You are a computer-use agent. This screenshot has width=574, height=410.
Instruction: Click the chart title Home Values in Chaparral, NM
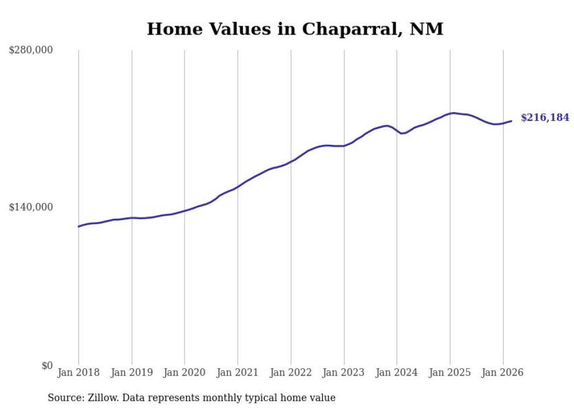(x=295, y=29)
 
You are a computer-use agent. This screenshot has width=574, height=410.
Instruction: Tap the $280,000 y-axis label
(x=30, y=50)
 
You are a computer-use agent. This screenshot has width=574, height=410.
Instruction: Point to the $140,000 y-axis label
(x=30, y=207)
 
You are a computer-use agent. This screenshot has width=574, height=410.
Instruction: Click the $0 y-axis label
(x=47, y=365)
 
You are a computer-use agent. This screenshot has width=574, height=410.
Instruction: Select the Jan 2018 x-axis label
(x=78, y=372)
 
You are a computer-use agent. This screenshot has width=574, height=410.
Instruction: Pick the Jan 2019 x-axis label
(x=131, y=372)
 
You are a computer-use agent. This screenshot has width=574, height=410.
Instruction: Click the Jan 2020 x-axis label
(x=184, y=372)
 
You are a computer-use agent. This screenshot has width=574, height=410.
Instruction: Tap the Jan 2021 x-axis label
(x=238, y=372)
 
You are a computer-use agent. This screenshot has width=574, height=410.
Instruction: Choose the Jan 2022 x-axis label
(x=291, y=372)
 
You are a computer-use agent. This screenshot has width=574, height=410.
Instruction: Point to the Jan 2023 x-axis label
(x=344, y=372)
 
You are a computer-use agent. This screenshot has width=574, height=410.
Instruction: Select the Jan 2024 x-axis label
(x=397, y=372)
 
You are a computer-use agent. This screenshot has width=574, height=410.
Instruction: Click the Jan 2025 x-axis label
(x=450, y=372)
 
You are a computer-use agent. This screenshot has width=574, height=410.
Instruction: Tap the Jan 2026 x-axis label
(x=503, y=372)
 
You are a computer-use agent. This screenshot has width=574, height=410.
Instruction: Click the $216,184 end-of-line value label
(x=545, y=118)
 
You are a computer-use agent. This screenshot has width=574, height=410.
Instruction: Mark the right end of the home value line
(x=511, y=121)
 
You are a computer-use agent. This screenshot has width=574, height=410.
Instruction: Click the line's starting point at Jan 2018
(x=78, y=226)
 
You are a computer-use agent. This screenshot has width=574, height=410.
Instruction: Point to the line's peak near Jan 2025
(x=454, y=113)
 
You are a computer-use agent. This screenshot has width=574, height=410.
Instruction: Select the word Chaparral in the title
(x=348, y=29)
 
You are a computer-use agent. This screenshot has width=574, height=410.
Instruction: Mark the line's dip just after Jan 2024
(x=402, y=133)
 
